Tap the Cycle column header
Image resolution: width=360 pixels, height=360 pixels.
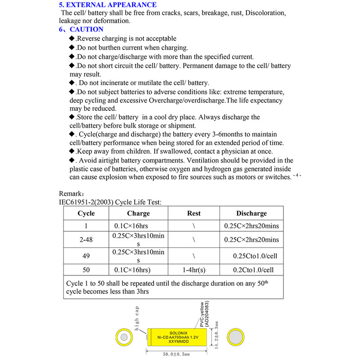[86, 213]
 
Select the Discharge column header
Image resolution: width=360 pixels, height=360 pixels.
[251, 213]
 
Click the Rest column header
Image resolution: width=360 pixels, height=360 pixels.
[193, 213]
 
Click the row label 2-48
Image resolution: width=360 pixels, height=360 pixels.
[86, 240]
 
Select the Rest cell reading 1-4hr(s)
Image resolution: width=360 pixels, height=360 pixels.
[193, 270]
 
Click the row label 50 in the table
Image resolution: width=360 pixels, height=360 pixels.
[86, 270]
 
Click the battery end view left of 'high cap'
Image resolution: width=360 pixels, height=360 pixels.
[123, 337]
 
